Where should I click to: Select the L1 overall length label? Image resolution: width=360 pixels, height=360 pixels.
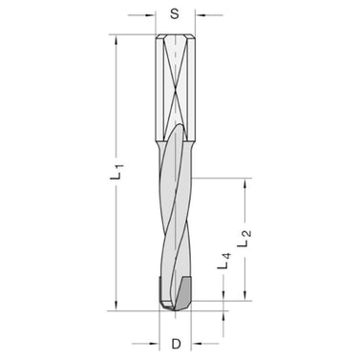point(116,172)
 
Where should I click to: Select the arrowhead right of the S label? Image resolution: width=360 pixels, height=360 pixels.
point(198,15)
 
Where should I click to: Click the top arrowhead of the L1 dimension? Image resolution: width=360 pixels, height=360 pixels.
point(116,40)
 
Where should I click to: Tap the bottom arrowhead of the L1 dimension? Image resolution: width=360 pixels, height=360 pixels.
point(116,305)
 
